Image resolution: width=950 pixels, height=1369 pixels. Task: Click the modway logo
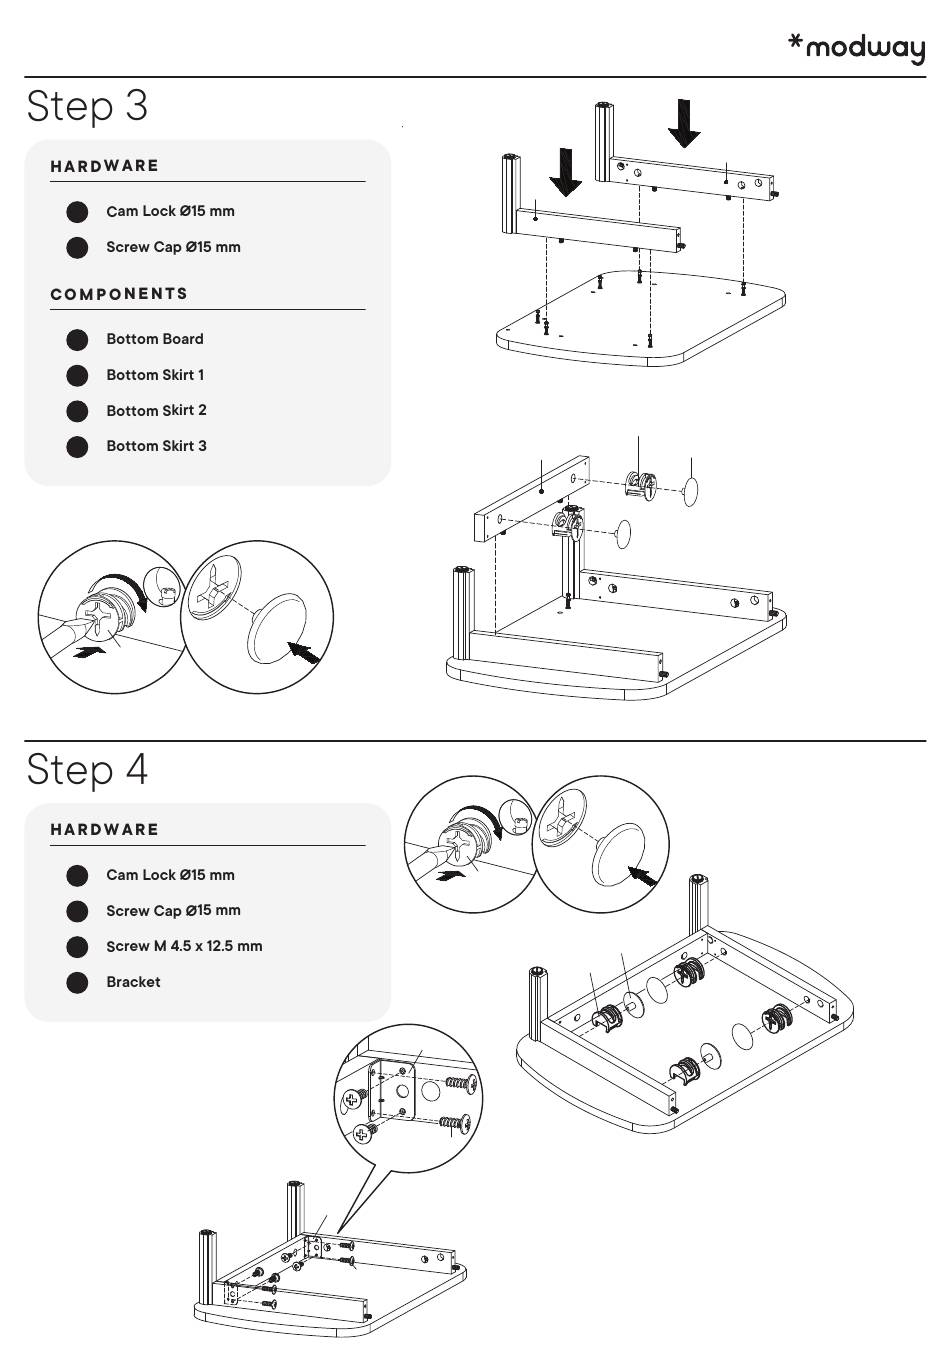click(857, 48)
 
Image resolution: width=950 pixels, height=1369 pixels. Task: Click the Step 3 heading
click(87, 105)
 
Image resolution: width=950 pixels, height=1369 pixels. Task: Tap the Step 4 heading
click(87, 769)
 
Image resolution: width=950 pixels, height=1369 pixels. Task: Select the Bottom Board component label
click(155, 339)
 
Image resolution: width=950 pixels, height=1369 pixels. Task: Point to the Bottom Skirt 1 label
click(155, 375)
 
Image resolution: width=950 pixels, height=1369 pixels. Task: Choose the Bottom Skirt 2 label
click(156, 410)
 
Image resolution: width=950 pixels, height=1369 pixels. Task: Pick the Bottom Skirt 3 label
click(156, 446)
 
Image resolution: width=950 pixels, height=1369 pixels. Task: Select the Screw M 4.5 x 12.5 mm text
click(184, 946)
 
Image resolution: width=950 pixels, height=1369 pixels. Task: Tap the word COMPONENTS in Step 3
click(119, 294)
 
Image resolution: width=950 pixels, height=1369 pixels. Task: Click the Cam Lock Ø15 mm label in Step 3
click(170, 211)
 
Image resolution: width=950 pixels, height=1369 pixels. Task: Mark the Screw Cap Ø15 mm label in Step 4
click(173, 910)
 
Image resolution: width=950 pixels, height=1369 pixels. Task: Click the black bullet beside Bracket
click(77, 982)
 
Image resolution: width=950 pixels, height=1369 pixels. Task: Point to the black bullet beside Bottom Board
click(77, 339)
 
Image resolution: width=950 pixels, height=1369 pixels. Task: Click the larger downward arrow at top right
click(685, 123)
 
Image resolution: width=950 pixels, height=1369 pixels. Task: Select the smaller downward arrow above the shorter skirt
click(565, 172)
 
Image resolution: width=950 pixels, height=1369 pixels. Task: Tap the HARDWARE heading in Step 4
click(105, 830)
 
